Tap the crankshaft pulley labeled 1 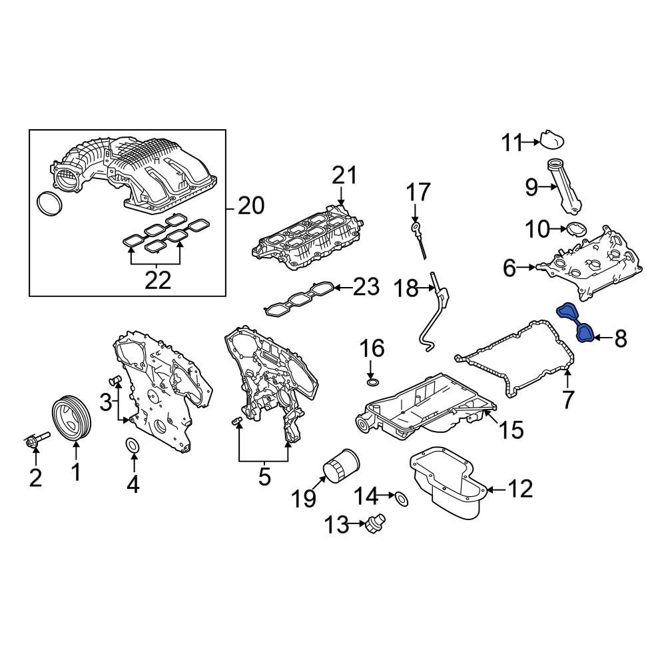72,418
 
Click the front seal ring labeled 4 133,446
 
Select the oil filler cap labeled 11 551,139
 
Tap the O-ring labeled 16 373,382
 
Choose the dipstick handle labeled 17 416,228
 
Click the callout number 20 251,207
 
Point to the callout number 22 158,280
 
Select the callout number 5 264,477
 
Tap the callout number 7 567,400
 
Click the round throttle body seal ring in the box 48,204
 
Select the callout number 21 344,176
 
